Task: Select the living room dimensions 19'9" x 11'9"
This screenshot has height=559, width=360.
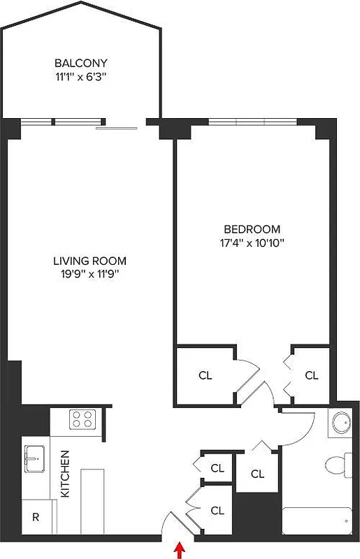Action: point(89,275)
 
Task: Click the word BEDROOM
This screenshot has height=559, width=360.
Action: point(252,229)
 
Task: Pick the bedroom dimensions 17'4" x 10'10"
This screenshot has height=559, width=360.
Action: point(252,244)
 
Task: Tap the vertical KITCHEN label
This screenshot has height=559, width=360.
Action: point(65,483)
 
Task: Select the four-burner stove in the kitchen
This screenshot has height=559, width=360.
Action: point(82,419)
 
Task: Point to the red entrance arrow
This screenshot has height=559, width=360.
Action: point(180,550)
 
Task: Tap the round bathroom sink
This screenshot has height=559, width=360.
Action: point(341,424)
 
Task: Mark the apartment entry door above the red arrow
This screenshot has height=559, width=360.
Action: point(171,528)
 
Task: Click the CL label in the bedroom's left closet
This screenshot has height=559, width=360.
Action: point(205,375)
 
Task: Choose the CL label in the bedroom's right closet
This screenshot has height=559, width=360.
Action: point(311,375)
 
